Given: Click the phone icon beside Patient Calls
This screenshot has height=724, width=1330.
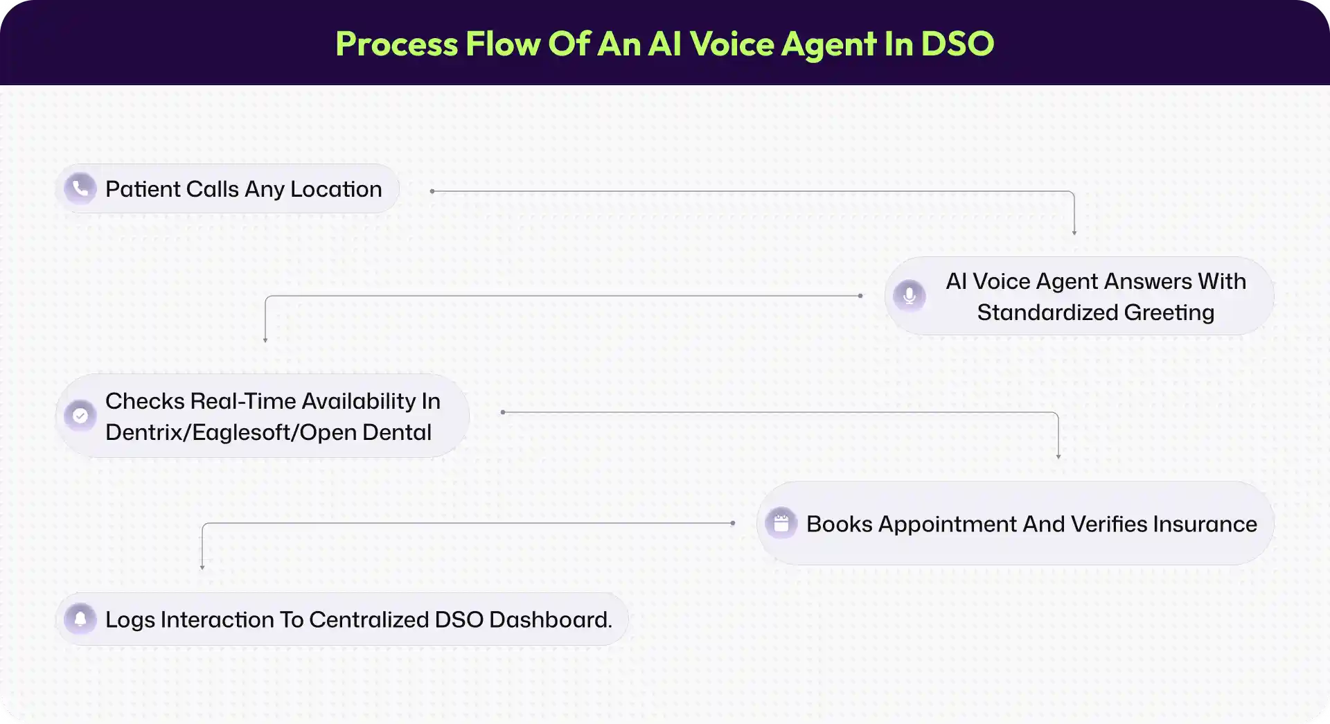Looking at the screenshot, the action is pyautogui.click(x=80, y=188).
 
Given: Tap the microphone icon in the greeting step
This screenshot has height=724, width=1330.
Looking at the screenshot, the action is pyautogui.click(x=910, y=296).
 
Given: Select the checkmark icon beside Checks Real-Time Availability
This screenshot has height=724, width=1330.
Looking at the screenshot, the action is pyautogui.click(x=80, y=416).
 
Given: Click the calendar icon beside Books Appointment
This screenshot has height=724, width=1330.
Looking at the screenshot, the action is pyautogui.click(x=781, y=523).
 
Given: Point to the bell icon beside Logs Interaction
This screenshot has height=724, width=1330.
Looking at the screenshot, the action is pyautogui.click(x=80, y=619).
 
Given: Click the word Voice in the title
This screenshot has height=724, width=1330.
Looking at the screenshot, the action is pyautogui.click(x=731, y=44).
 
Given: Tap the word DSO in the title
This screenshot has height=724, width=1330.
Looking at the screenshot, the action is pyautogui.click(x=957, y=44).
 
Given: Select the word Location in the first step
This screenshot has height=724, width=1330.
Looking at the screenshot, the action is pyautogui.click(x=336, y=189).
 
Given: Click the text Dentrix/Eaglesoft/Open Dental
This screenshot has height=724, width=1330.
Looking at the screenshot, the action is pyautogui.click(x=268, y=432).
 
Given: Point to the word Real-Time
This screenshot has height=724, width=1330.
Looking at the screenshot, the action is pyautogui.click(x=243, y=401).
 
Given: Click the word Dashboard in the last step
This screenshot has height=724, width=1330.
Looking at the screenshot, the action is pyautogui.click(x=551, y=619).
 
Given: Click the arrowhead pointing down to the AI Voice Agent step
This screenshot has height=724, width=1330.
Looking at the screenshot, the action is pyautogui.click(x=1074, y=233).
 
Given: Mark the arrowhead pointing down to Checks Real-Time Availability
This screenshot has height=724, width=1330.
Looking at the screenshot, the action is pyautogui.click(x=265, y=339).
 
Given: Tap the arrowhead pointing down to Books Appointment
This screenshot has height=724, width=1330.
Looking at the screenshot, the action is pyautogui.click(x=1058, y=456).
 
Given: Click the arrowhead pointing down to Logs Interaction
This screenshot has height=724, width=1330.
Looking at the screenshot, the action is pyautogui.click(x=202, y=567).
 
